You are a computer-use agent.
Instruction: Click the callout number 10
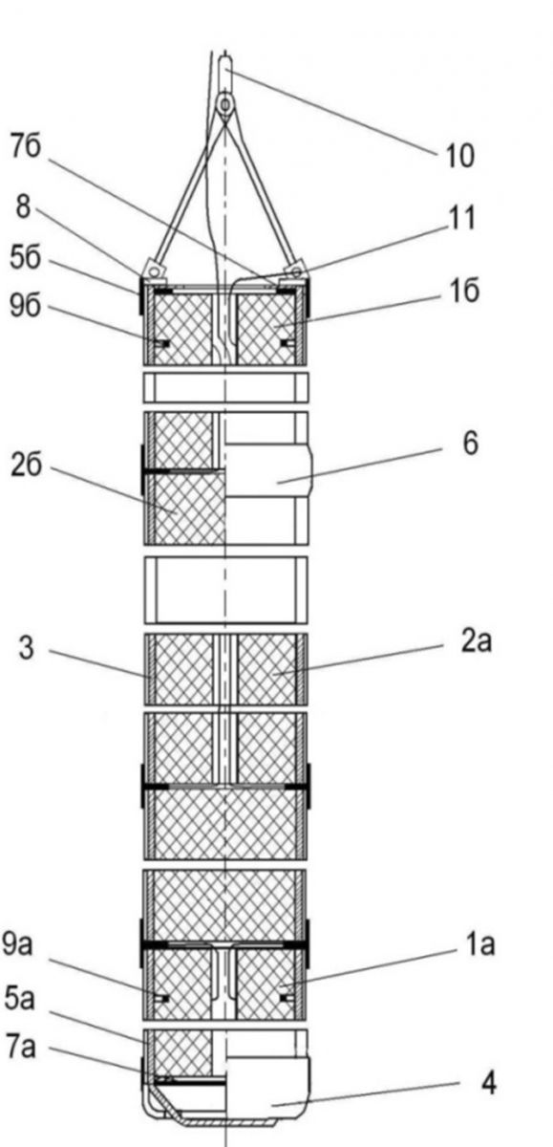(x=460, y=156)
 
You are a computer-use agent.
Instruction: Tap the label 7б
(x=27, y=147)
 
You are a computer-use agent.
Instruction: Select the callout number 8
(x=23, y=207)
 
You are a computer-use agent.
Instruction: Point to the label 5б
(x=25, y=257)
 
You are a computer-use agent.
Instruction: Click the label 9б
(x=25, y=306)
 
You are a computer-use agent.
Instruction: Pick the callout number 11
(x=462, y=218)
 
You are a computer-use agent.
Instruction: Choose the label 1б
(x=463, y=292)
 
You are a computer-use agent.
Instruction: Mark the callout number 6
(x=470, y=443)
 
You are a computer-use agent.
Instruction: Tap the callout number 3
(x=26, y=648)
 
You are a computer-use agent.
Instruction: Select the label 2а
(x=477, y=640)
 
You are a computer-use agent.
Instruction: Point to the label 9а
(x=17, y=943)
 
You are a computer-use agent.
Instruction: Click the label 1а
(x=480, y=944)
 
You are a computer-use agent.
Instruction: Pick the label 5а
(x=20, y=998)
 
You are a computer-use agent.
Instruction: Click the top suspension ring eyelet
(x=225, y=104)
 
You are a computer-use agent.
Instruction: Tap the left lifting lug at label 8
(x=154, y=269)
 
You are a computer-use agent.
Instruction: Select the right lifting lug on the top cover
(x=296, y=269)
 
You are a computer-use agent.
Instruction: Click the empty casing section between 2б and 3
(x=225, y=590)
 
